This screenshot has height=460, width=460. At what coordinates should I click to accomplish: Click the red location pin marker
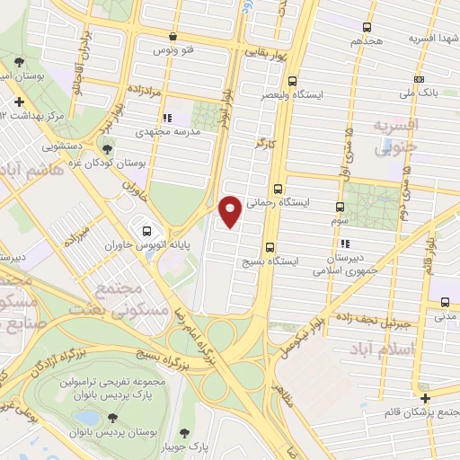pos(231,211)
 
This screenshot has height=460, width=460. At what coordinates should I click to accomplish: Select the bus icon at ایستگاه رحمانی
pos(277,190)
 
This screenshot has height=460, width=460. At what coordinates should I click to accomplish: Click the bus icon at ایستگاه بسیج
pos(270,247)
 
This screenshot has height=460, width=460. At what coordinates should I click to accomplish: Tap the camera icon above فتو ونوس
pos(173,37)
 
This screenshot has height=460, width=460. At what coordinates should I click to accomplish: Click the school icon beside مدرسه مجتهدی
pos(166,117)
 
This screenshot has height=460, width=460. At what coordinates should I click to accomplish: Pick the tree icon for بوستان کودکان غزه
pos(107,150)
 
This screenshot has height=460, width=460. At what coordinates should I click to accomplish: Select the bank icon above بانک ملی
pos(419,79)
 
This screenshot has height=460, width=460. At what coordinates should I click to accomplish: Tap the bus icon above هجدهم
pos(366,27)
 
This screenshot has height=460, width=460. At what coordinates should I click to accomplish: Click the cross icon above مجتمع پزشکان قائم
pos(424,398)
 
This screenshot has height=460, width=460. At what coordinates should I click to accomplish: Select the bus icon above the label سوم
pos(339,205)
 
